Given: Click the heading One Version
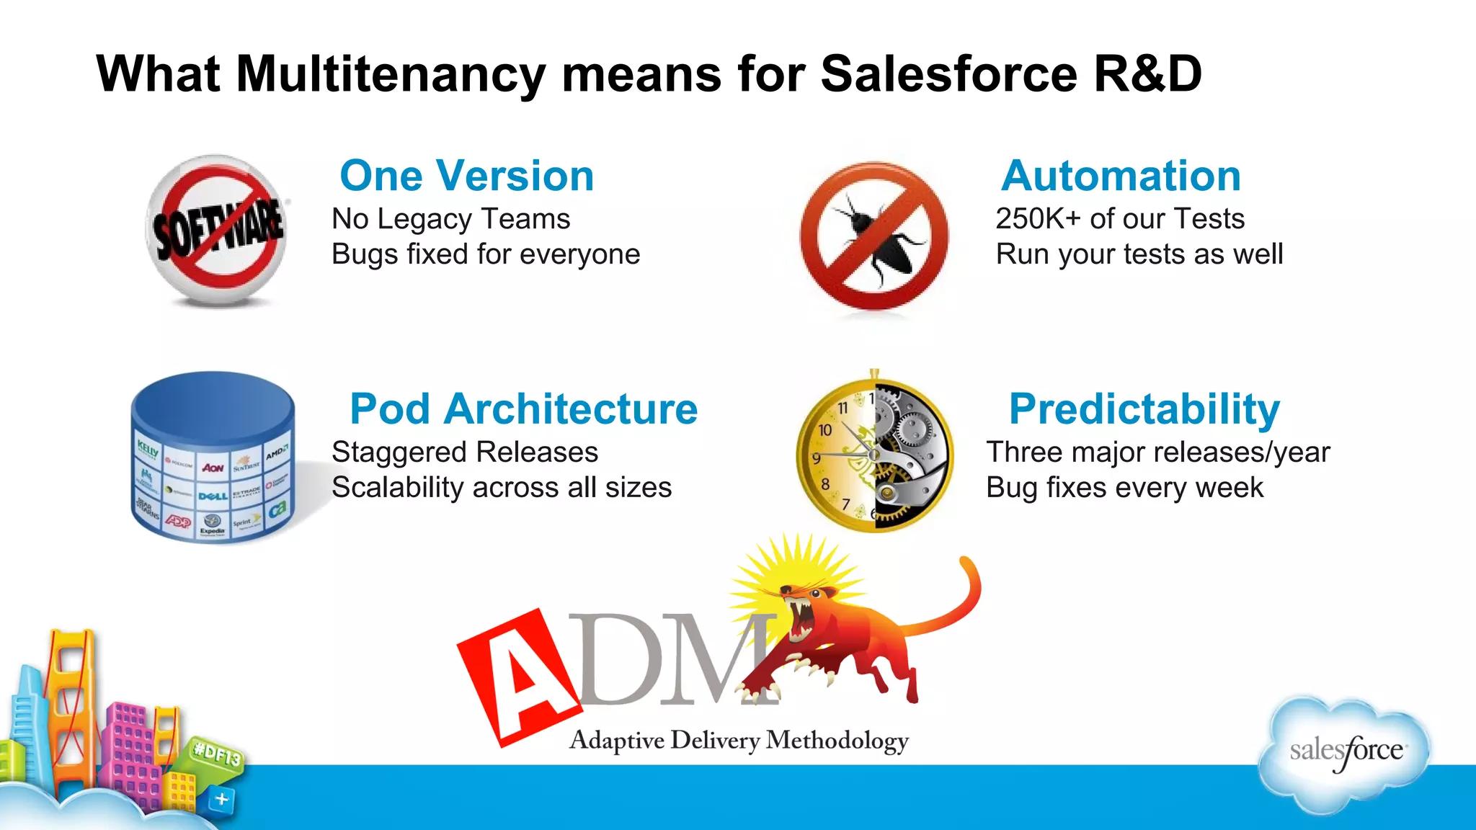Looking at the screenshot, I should (x=466, y=176).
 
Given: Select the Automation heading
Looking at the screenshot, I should (x=1121, y=176).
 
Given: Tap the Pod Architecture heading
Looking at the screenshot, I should (x=523, y=409).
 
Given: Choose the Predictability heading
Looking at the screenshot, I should (x=1144, y=409).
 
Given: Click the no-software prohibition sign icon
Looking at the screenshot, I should (x=217, y=229).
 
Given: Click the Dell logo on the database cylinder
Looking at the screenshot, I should (x=213, y=496).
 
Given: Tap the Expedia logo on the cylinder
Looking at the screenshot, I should (x=212, y=525).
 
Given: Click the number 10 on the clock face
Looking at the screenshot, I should (x=825, y=430).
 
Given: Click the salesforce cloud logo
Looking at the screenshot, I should (x=1345, y=753).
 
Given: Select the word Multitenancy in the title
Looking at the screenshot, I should (x=390, y=74).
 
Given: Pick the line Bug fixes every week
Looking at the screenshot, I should (x=1124, y=488).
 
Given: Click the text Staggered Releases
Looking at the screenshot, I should (x=465, y=452).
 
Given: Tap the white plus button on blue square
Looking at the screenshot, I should (x=222, y=799).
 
